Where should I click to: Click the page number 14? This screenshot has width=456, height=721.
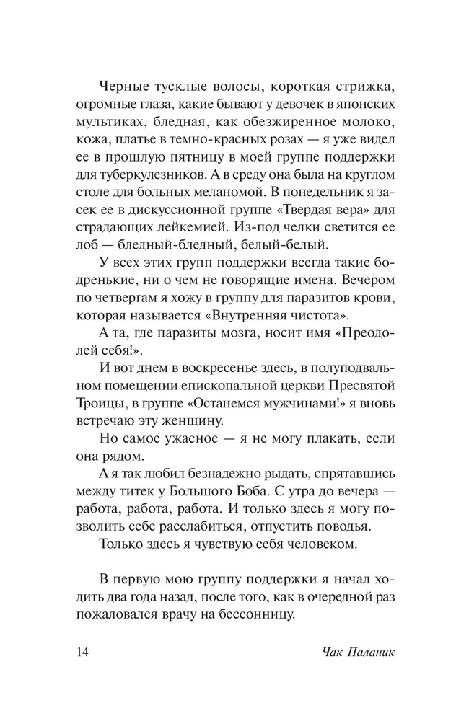click(x=81, y=653)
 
